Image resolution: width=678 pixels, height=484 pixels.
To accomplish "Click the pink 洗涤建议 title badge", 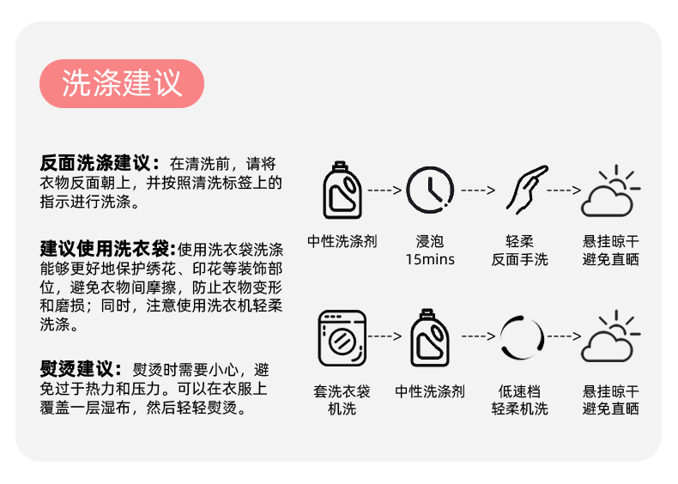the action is tap(121, 83).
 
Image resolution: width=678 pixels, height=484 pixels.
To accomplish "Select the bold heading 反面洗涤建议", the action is tap(99, 162).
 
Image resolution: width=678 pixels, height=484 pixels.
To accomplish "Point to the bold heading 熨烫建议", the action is tap(82, 369).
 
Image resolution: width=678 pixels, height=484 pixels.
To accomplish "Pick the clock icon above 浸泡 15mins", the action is tap(430, 190).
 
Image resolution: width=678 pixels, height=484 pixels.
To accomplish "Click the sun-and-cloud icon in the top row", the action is tap(608, 190).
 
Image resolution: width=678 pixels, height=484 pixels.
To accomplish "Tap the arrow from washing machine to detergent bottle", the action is tap(384, 336).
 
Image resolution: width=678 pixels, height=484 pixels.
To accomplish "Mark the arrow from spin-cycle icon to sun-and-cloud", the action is tap(564, 336).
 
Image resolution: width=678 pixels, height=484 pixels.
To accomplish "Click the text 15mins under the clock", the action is tap(430, 259).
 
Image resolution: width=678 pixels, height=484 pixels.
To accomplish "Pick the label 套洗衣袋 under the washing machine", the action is tap(342, 391).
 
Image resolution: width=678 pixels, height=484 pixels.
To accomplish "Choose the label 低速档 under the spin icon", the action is tap(520, 391).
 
